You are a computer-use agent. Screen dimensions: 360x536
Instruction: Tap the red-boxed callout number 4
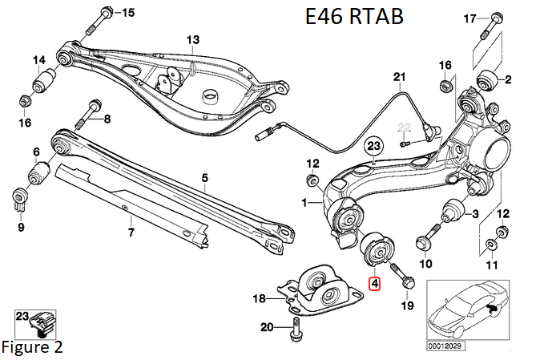click(x=374, y=282)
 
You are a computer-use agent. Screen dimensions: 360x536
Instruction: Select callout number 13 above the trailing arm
click(x=192, y=39)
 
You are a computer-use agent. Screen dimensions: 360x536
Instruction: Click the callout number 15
click(x=128, y=11)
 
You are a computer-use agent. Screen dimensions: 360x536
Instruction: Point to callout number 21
click(x=399, y=77)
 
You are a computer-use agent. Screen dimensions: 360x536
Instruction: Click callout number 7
click(x=131, y=233)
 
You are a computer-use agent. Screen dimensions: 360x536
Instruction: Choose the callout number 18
click(x=259, y=298)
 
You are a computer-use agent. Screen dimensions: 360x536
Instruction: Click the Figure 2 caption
click(x=31, y=347)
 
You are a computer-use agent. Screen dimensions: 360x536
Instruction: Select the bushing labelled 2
click(x=486, y=79)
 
